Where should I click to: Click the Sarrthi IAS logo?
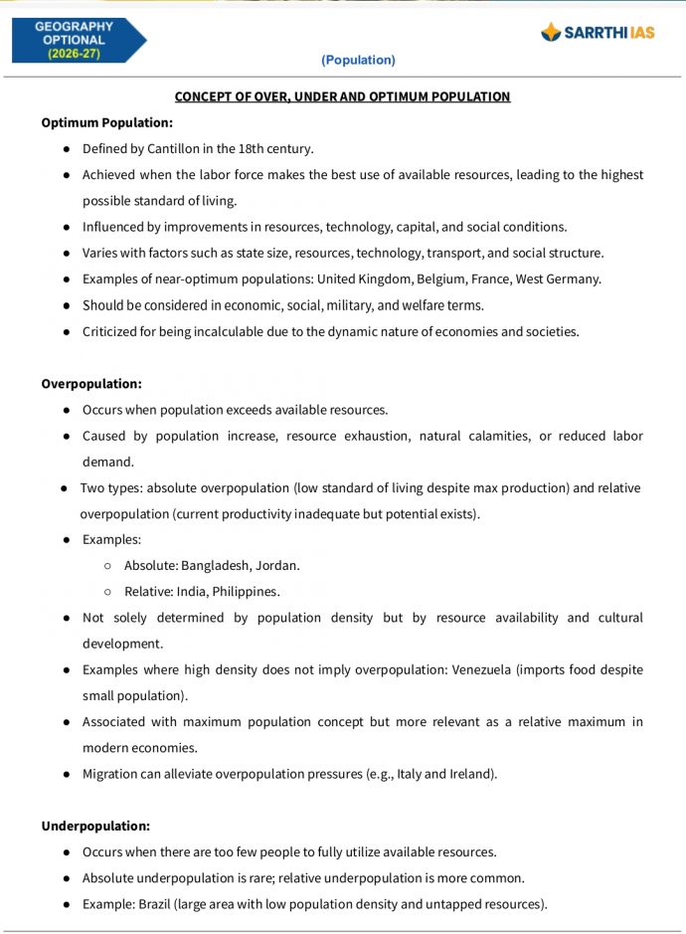click(x=598, y=32)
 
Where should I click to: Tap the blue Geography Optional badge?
click(x=78, y=40)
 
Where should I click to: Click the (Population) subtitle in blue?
click(x=358, y=60)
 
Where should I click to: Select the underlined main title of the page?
click(x=342, y=96)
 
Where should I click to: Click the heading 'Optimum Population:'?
click(x=106, y=122)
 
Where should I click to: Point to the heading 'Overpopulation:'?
click(x=91, y=383)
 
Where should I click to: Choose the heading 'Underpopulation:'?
click(x=95, y=826)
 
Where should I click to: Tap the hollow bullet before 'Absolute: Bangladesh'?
click(x=107, y=565)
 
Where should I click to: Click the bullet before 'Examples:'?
click(x=66, y=539)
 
